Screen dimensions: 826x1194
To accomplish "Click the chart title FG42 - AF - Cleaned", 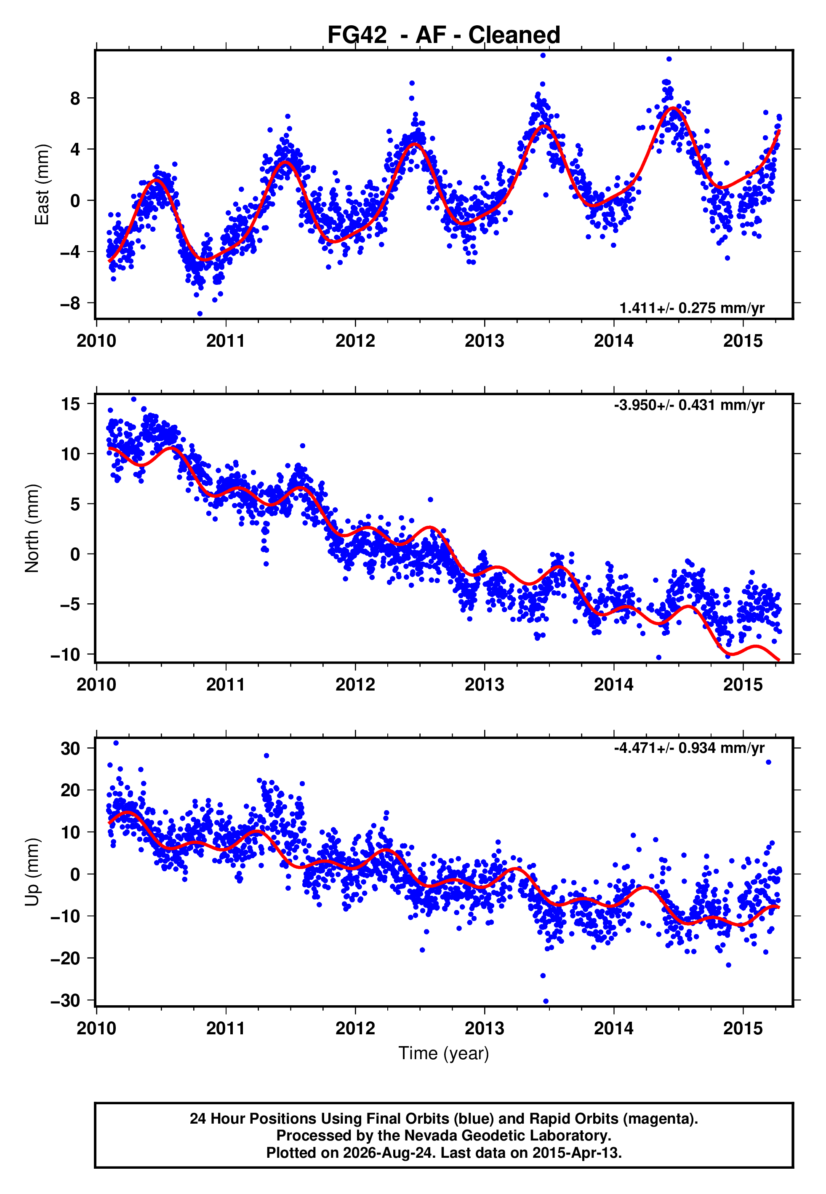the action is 444,35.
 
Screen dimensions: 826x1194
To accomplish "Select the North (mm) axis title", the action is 32,528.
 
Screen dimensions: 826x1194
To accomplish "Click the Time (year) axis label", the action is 444,1054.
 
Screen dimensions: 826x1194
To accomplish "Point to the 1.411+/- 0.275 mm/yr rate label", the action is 692,308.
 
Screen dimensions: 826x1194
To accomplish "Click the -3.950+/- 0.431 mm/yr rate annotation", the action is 689,405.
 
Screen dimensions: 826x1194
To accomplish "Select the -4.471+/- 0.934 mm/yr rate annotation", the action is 689,748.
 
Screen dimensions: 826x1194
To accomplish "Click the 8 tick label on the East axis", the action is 75,99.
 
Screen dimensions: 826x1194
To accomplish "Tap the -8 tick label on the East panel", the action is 70,303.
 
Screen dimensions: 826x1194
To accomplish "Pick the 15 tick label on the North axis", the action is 70,404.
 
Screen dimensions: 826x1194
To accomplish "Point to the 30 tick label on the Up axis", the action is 70,749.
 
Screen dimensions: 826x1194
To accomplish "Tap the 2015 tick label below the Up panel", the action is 743,1028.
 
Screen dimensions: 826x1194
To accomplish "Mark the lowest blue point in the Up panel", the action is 546,1001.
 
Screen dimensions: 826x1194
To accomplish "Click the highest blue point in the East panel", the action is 543,55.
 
